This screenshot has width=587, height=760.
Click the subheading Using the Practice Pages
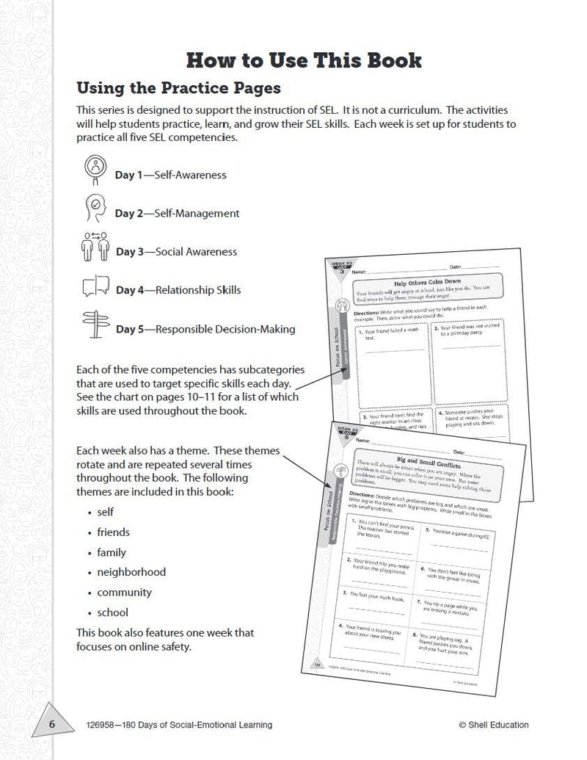[178, 88]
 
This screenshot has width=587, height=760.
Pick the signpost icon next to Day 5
[95, 325]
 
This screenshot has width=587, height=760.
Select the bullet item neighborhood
[131, 572]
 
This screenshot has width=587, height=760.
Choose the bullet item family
[112, 552]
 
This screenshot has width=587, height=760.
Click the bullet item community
[124, 592]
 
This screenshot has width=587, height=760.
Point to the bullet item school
[112, 612]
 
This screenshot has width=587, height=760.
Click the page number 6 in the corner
[52, 725]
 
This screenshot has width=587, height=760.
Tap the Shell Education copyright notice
[493, 725]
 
